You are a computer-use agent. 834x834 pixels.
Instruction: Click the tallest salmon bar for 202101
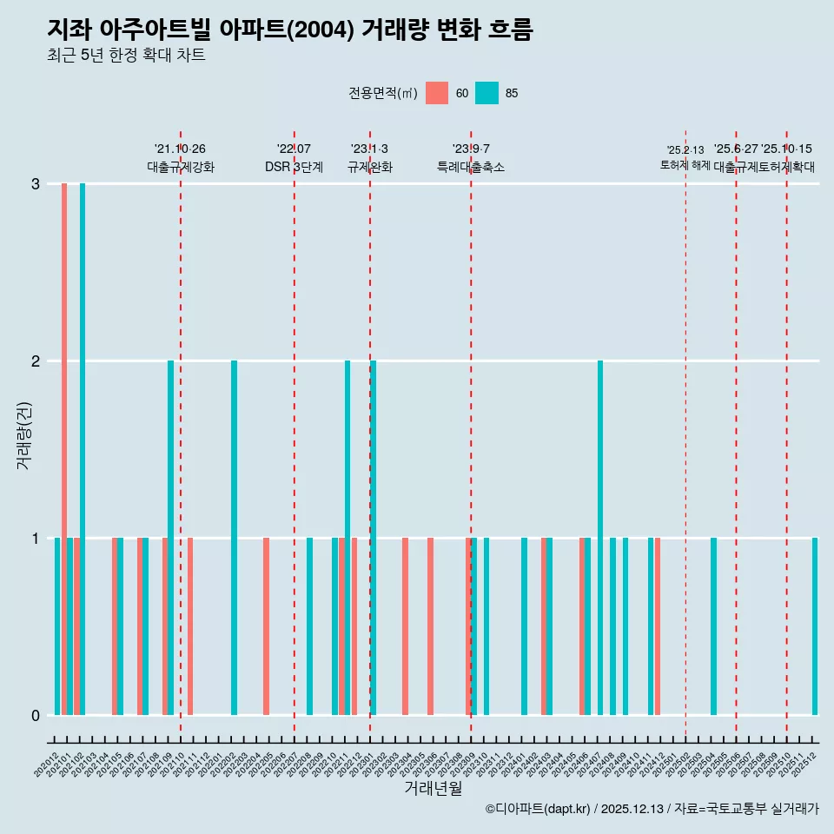click(64, 448)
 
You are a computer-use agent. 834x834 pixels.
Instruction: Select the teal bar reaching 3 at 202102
click(83, 448)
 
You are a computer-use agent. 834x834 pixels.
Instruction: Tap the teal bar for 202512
click(815, 626)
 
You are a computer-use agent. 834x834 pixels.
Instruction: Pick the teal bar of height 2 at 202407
click(600, 538)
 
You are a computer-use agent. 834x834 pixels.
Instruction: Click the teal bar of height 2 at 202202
click(234, 538)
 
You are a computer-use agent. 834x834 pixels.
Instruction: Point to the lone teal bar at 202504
click(713, 626)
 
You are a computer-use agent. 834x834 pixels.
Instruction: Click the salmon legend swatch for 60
click(437, 93)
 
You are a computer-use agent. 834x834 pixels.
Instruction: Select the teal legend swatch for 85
click(487, 93)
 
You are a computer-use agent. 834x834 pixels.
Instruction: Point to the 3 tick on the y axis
click(36, 184)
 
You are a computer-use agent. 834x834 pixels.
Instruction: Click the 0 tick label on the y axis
click(36, 715)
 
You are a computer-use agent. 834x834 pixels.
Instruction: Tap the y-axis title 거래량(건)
click(23, 434)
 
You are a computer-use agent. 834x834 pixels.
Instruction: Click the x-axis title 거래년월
click(433, 788)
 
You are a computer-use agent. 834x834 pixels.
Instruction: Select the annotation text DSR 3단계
click(294, 167)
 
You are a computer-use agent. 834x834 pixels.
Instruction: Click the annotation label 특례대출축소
click(470, 167)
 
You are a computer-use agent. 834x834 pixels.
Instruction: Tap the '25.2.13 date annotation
click(685, 150)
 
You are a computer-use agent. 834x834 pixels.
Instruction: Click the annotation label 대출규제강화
click(180, 167)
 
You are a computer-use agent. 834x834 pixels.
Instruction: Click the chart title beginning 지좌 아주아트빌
click(289, 30)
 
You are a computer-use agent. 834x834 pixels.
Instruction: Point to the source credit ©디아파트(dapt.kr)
click(539, 809)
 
